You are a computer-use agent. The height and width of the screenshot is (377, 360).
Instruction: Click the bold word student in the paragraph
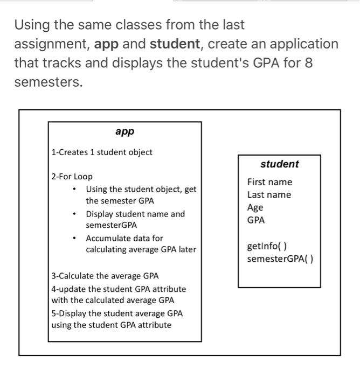point(174,44)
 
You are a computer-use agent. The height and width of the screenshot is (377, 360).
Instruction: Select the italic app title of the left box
point(124,131)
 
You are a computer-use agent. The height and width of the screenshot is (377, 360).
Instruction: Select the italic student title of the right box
point(279,164)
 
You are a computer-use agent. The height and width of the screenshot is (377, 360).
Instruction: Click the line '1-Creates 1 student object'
point(102,152)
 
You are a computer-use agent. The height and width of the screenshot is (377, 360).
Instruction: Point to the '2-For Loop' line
point(72,177)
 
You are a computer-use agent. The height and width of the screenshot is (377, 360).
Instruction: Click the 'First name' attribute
point(269,182)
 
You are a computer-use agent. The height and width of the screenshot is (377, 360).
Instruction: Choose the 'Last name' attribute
point(269,194)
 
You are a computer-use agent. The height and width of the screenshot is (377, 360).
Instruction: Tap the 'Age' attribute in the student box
point(255,207)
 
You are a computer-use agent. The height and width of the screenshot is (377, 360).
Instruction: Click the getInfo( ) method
point(267,247)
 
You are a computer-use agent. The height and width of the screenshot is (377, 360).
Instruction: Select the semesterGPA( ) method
point(280,259)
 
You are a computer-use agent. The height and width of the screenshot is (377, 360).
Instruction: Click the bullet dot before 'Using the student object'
point(74,189)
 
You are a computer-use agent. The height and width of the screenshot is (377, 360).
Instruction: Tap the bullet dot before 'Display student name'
point(74,214)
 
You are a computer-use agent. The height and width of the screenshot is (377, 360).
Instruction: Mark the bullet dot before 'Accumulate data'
point(74,238)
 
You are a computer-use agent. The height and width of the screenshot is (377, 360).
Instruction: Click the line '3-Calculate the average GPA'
point(105,276)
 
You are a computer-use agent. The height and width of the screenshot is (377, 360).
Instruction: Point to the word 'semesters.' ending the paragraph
point(49,83)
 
